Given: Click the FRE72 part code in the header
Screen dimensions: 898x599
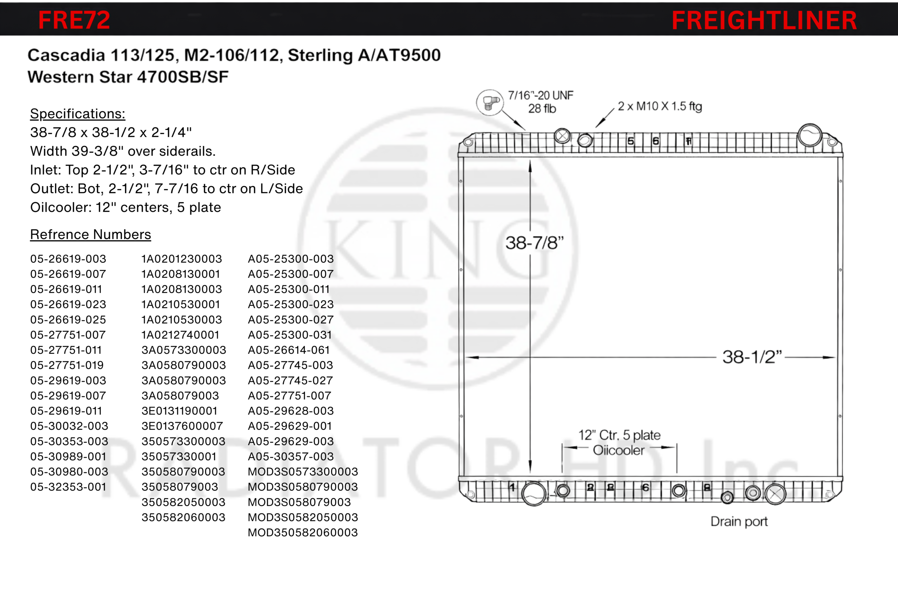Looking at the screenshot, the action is click(x=74, y=20).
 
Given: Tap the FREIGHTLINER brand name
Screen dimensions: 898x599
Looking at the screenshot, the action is click(x=764, y=20).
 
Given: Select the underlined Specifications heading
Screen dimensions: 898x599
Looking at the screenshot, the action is click(x=78, y=114).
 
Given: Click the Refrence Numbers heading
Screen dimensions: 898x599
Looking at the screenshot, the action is click(x=91, y=234).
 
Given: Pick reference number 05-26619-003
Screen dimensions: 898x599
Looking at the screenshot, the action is click(x=68, y=259).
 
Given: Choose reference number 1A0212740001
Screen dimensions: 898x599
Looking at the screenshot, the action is click(x=180, y=335).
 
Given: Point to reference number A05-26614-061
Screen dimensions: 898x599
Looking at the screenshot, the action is click(x=289, y=350).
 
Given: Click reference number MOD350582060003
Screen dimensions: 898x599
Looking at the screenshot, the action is click(x=303, y=532).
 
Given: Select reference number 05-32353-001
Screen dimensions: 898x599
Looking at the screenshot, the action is click(x=68, y=487).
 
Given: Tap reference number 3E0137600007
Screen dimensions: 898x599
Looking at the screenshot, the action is click(x=182, y=426).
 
